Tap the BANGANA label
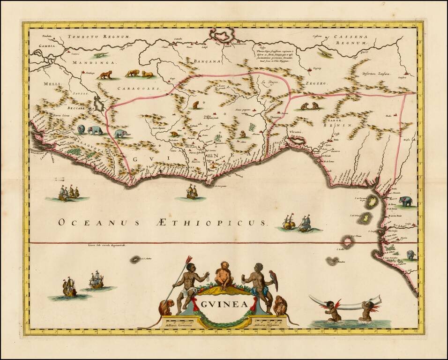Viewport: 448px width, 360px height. tap(206, 61)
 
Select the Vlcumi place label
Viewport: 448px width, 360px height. tap(296, 133)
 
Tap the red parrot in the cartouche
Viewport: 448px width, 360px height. tap(273, 280)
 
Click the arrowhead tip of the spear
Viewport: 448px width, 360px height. tap(189, 258)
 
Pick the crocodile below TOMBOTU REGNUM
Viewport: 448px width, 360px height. tap(100, 55)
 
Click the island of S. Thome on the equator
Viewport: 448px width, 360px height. tap(347, 242)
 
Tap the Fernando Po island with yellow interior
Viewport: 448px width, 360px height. tap(372, 202)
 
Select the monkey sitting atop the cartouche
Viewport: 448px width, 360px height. tap(224, 274)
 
